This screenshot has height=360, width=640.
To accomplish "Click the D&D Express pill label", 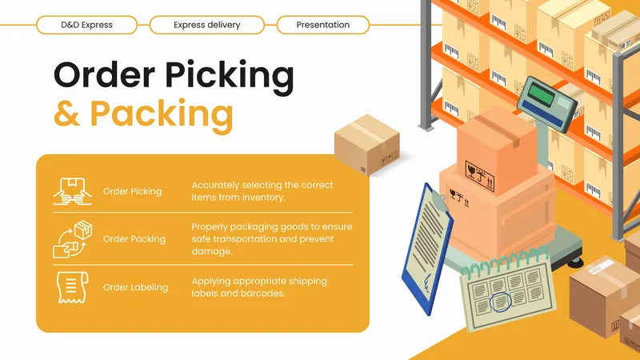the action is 86,25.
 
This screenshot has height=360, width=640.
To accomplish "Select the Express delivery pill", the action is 207,25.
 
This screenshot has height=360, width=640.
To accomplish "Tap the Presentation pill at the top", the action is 323,25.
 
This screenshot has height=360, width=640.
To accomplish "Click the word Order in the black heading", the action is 105,74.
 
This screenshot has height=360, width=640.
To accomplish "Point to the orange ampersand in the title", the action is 67,113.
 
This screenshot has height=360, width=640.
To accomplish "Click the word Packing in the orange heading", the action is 162,116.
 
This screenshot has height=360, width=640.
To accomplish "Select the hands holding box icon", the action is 72,191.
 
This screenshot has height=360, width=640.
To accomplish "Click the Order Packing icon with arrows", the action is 72,238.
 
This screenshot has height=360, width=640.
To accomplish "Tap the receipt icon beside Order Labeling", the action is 72,287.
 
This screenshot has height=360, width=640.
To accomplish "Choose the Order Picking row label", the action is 132,191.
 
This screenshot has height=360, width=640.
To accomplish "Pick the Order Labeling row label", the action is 135,287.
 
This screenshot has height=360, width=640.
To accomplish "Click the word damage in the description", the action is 211,251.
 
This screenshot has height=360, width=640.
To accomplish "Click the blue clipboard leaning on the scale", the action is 427,250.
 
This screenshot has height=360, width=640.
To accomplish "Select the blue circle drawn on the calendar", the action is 501,302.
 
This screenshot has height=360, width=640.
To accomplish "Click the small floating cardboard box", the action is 367,145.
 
